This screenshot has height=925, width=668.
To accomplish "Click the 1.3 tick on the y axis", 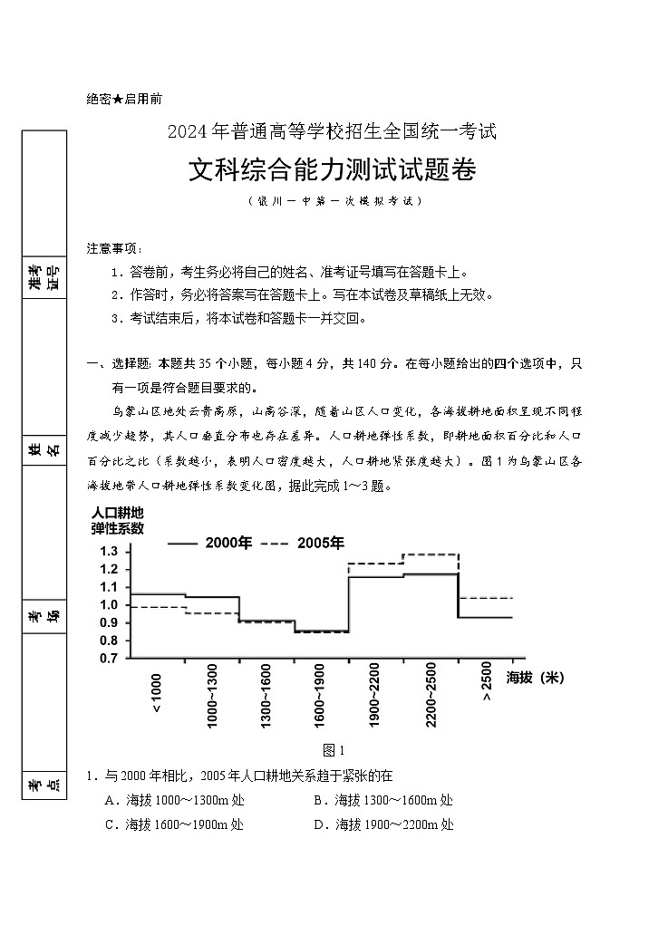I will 110,552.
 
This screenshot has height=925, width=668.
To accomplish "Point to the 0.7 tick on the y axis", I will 110,659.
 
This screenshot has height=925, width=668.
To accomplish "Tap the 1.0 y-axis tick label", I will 110,605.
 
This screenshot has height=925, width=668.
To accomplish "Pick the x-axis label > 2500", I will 487,686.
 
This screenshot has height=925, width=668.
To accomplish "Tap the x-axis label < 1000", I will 158,693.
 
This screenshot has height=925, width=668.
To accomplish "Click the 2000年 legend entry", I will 209,544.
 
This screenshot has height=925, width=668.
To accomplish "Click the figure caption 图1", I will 334,749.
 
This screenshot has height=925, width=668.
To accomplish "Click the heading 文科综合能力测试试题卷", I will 333,169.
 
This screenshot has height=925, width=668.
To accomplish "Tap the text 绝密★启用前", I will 124,100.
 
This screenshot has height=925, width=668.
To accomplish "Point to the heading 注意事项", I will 115,248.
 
